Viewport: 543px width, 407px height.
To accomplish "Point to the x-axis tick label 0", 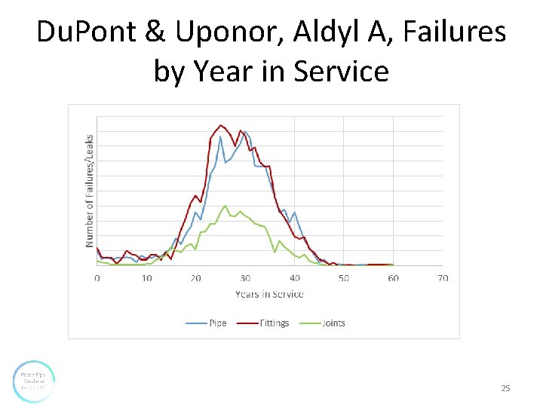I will (x=97, y=278).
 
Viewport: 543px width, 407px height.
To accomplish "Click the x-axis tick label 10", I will (x=146, y=278).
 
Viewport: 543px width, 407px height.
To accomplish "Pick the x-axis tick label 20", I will (x=196, y=278).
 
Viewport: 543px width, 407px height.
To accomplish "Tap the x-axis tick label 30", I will (x=245, y=278).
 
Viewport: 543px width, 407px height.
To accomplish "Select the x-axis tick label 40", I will (x=295, y=278).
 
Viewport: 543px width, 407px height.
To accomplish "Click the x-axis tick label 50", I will (x=344, y=278).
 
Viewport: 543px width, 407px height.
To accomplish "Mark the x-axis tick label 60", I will (x=393, y=278).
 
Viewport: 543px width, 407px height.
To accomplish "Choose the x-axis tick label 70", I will (x=443, y=278).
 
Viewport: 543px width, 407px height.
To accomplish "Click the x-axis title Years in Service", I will (x=269, y=294).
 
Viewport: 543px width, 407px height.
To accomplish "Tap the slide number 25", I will (x=505, y=388).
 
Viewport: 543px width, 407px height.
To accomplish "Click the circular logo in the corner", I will (x=34, y=381).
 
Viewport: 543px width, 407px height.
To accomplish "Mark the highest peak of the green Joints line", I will (x=225, y=205).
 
